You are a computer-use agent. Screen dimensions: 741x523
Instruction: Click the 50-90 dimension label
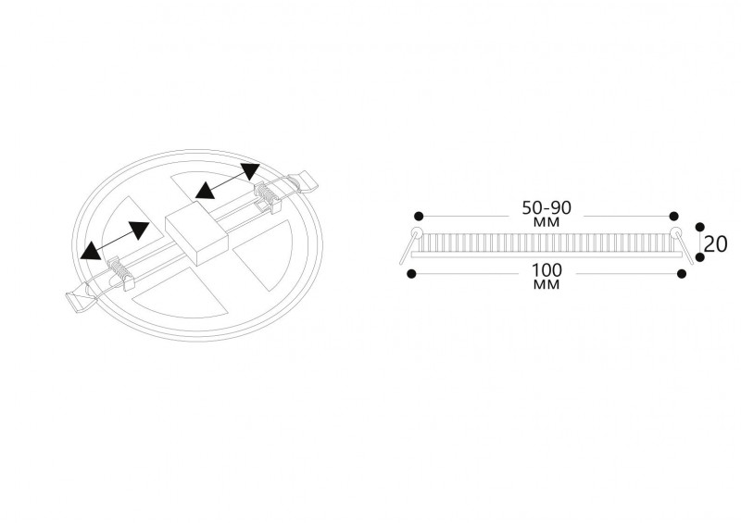click(x=546, y=207)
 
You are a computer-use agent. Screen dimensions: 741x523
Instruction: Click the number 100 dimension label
click(x=546, y=270)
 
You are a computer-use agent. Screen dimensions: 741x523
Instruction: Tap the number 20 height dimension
click(x=715, y=244)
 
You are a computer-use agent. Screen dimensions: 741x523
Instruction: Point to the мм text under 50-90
click(x=546, y=221)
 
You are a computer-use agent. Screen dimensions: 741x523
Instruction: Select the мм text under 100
click(x=546, y=284)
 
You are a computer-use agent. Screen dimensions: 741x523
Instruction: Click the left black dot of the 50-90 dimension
click(x=419, y=217)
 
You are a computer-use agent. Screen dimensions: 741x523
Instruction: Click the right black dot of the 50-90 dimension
click(x=674, y=217)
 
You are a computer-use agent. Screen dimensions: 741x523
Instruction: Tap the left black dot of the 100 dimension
click(x=411, y=274)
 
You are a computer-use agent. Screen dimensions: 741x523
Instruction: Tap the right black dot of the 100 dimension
click(x=682, y=274)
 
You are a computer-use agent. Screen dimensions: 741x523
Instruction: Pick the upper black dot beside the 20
click(x=700, y=227)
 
